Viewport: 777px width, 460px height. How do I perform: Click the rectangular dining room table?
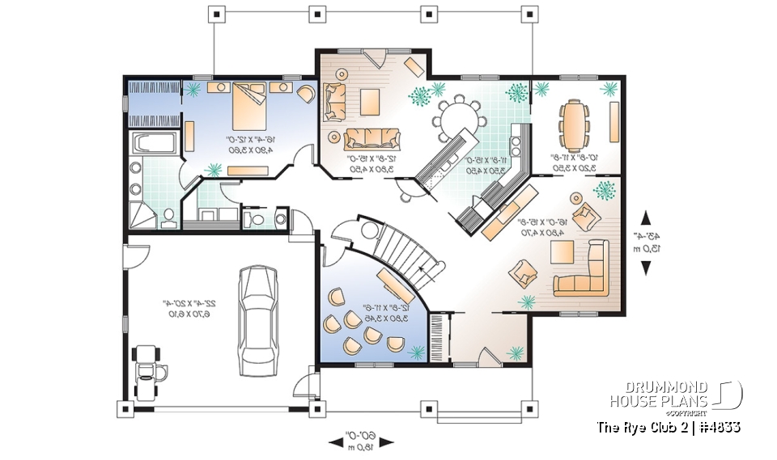point(575,121)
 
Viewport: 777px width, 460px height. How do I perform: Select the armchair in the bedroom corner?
point(306,94)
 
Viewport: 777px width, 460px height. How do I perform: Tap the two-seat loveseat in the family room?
point(332,102)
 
